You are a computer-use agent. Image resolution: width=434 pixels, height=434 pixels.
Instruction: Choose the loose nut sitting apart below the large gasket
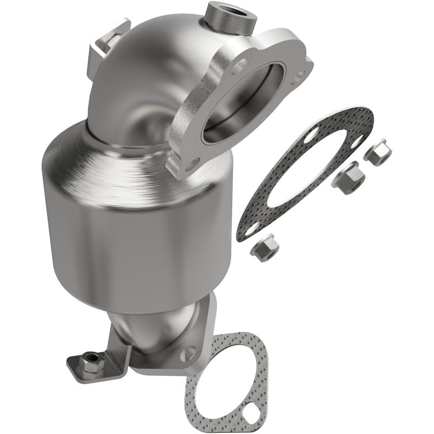pyautogui.click(x=265, y=248)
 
